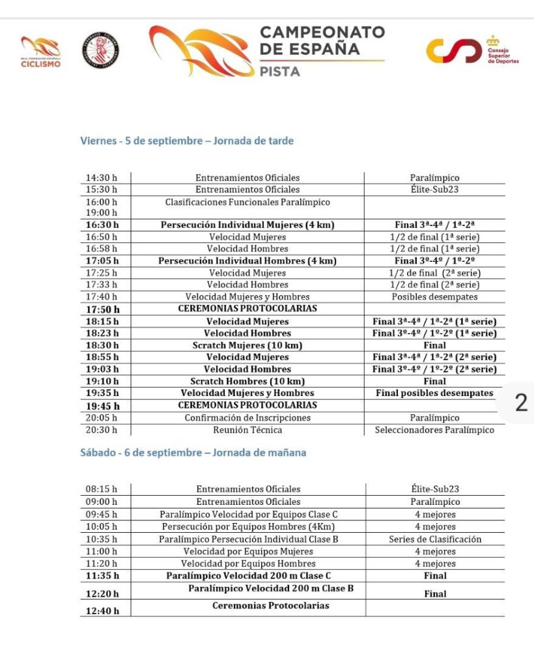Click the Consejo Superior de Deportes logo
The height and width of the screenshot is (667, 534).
pos(472,51)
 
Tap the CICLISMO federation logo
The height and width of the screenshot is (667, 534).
pos(40,52)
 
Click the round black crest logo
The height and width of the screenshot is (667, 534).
pos(100,51)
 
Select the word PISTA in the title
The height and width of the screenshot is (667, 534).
pos(280,72)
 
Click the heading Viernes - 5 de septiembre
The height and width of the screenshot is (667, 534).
pos(186,141)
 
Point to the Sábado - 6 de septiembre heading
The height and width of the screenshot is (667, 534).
pos(193,453)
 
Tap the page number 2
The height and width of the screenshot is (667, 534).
pos(521,403)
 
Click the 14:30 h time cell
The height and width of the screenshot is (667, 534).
pos(102,178)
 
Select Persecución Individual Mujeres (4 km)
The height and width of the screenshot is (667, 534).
pos(247,225)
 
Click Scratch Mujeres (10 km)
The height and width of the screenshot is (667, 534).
pos(247,345)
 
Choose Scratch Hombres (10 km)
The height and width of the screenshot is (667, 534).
pos(247,381)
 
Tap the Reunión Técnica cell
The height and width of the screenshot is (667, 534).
pos(247,430)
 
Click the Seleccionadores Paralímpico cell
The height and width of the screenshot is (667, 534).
pos(434,430)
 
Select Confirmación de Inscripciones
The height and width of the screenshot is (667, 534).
pos(247,418)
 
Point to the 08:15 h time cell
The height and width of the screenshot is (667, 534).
pos(102,489)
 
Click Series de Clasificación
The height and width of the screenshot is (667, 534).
pos(435,539)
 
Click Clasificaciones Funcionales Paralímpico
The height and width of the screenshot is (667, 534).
pos(247,203)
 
